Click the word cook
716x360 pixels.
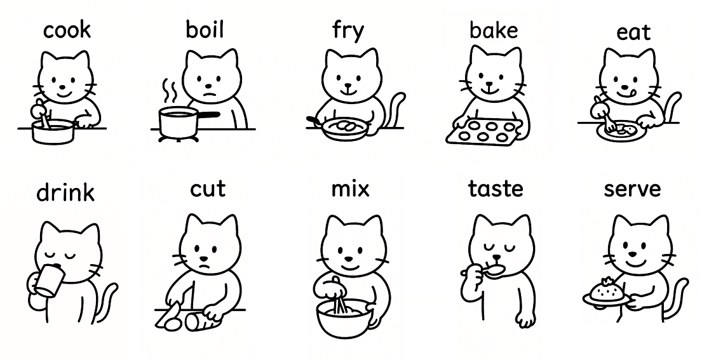67,30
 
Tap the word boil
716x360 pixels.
205,30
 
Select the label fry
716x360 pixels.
348,31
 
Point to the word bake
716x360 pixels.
494,30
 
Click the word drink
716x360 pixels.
65,192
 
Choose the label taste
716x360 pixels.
496,189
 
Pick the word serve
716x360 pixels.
632,189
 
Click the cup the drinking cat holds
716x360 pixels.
48,281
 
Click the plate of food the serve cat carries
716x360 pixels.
607,295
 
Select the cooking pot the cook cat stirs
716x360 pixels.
53,131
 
